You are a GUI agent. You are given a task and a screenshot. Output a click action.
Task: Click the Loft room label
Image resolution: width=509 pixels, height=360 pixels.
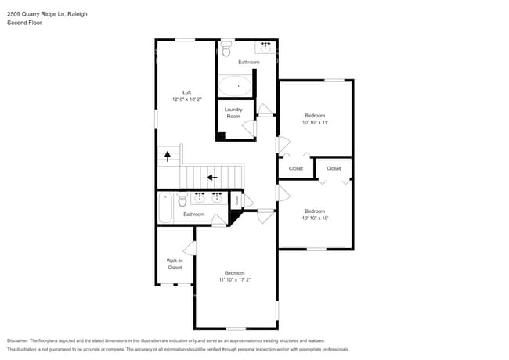click(x=186, y=93)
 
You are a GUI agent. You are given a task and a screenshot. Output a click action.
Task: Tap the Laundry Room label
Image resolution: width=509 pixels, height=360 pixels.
click(x=233, y=113)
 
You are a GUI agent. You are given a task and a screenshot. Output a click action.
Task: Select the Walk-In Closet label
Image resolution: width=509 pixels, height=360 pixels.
click(x=175, y=264)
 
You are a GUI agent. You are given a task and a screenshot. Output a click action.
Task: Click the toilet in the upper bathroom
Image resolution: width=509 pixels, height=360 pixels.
click(x=226, y=50)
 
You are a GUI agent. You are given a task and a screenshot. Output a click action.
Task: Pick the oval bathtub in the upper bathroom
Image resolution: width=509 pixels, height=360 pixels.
click(x=235, y=85)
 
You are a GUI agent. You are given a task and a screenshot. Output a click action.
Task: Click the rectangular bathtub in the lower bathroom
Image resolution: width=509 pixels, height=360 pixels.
click(x=165, y=207)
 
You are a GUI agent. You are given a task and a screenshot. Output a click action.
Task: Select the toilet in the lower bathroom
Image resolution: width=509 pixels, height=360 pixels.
click(x=182, y=200)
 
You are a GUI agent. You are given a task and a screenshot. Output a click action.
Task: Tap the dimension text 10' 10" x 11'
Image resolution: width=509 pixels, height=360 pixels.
click(x=315, y=123)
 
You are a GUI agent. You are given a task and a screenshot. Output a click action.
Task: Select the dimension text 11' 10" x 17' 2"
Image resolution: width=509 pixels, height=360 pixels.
click(x=235, y=279)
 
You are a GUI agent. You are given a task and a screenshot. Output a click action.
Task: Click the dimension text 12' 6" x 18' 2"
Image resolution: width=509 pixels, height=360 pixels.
click(x=186, y=100)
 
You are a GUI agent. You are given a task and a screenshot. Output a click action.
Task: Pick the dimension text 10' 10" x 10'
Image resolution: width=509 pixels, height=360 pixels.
click(x=315, y=218)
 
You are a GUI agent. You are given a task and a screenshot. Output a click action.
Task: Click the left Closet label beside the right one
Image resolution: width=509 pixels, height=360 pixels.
click(x=296, y=168)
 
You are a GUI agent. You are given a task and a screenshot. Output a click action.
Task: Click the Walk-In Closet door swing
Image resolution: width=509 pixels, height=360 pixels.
click(x=189, y=248)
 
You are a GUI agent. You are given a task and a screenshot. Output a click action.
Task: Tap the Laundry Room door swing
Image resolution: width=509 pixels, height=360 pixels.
click(x=248, y=128)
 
